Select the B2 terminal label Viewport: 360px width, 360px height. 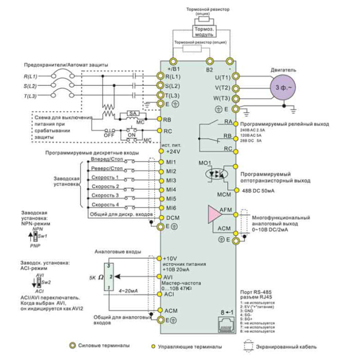click(209, 69)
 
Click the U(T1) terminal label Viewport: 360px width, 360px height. click(222, 77)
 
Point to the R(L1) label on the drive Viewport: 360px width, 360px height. click(173, 76)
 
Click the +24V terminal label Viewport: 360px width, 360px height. click(173, 152)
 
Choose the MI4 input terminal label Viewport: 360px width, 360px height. click(171, 190)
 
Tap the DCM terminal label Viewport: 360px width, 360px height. click(173, 218)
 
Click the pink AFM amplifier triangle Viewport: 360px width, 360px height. click(212, 213)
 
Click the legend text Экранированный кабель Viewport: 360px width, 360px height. click(291, 347)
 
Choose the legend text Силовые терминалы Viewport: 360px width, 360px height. click(106, 347)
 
